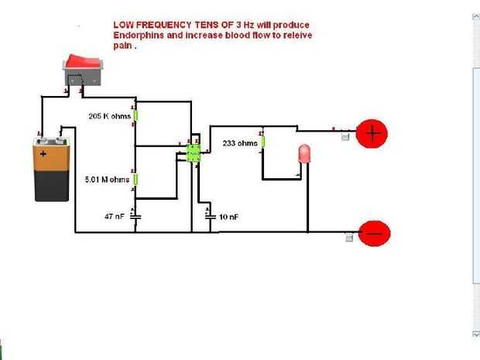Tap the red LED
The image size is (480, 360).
pos(304,153)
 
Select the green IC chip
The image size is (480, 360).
pos(194,152)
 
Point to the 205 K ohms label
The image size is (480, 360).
pos(109,117)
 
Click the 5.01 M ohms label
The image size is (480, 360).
pos(107,180)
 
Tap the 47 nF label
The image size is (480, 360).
pos(114,217)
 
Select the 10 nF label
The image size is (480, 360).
pos(228,218)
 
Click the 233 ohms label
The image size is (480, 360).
pos(239,143)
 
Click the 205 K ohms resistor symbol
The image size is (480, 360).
pos(135,116)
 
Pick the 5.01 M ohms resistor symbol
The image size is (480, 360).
pos(135,180)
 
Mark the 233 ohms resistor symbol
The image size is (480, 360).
pos(262,142)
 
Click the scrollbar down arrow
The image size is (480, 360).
pos(475,334)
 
